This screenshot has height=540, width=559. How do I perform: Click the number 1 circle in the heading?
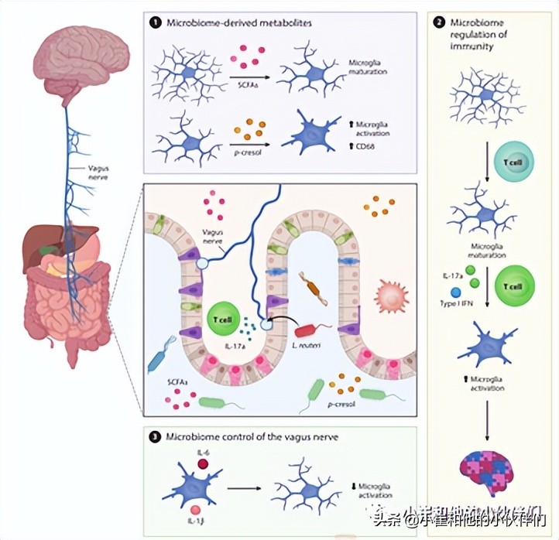(x=155, y=24)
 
